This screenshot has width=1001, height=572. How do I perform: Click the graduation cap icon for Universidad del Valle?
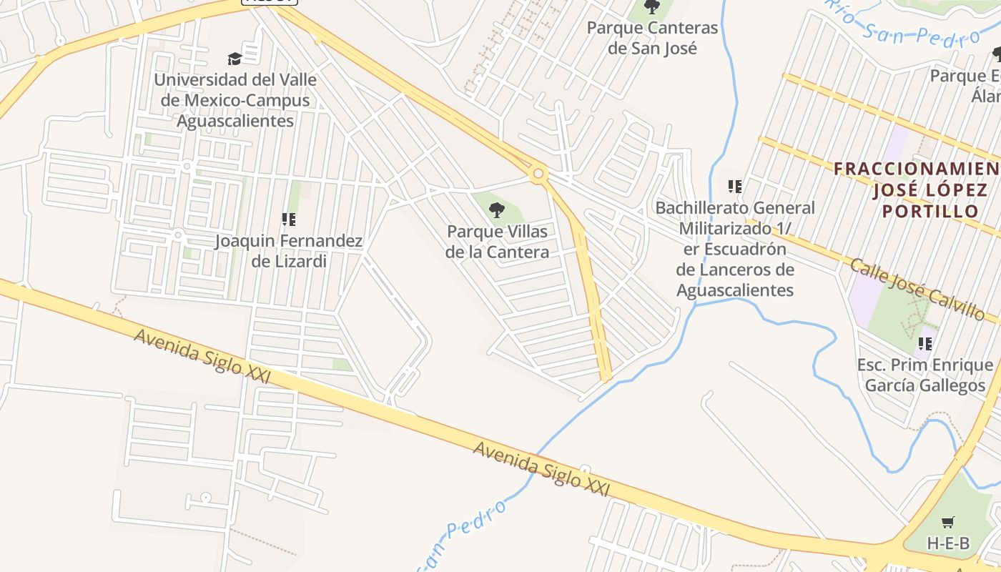click(x=235, y=59)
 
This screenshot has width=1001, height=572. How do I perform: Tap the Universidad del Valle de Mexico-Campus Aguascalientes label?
click(x=235, y=100)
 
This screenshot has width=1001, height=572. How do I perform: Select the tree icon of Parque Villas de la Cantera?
click(x=497, y=210)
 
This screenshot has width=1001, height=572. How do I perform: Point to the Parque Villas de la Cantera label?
click(x=497, y=242)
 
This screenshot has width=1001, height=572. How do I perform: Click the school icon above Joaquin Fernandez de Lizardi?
click(x=289, y=220)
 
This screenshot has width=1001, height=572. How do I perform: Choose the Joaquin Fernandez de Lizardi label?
click(x=289, y=251)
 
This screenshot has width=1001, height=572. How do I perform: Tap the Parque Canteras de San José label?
click(x=652, y=38)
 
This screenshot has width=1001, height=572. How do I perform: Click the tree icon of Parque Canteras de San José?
click(x=651, y=7)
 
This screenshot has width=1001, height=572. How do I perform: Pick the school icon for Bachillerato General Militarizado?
click(x=734, y=187)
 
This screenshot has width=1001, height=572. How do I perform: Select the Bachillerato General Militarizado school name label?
click(x=735, y=249)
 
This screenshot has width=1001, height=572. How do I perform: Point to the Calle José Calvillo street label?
click(x=917, y=290)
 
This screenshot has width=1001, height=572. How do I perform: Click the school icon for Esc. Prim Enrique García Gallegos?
click(x=925, y=344)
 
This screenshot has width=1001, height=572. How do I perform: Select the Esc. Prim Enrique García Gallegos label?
click(x=925, y=375)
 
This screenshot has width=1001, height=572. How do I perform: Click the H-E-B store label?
click(x=948, y=543)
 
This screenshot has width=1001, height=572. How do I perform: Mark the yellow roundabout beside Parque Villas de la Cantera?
click(x=538, y=172)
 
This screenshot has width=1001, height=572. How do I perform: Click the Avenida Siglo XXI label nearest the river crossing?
click(x=541, y=469)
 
